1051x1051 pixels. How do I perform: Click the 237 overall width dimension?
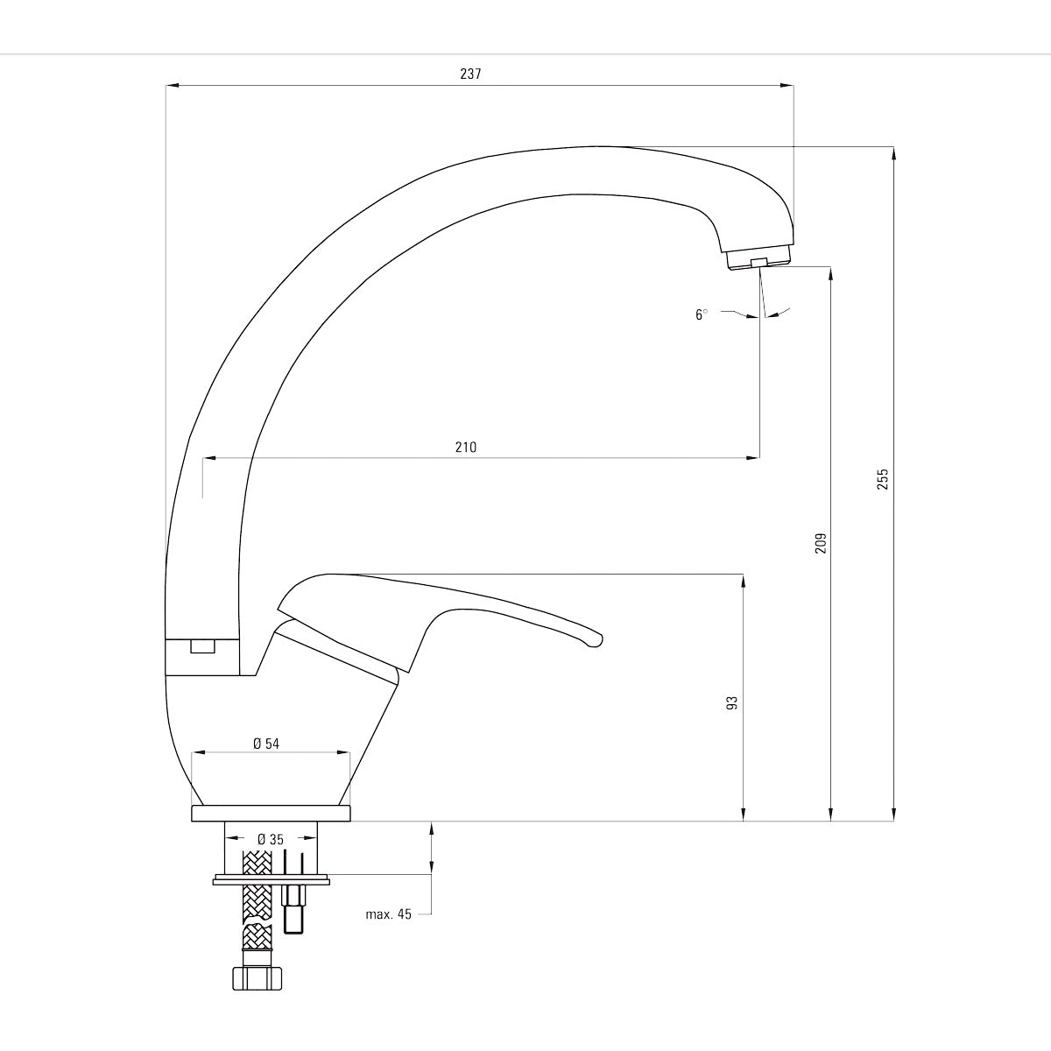pyautogui.click(x=470, y=74)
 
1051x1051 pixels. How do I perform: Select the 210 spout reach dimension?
pyautogui.click(x=466, y=448)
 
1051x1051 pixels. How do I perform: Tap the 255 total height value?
pyautogui.click(x=883, y=479)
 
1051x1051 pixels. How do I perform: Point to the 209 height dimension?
pyautogui.click(x=821, y=543)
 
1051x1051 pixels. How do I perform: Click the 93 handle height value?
pyautogui.click(x=733, y=702)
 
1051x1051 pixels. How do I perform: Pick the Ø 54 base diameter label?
pyautogui.click(x=266, y=744)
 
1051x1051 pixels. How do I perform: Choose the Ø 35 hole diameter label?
pyautogui.click(x=271, y=838)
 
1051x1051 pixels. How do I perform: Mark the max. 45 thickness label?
pyautogui.click(x=388, y=914)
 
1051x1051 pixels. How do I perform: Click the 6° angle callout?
pyautogui.click(x=701, y=314)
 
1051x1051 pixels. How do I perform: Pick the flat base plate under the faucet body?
pyautogui.click(x=272, y=814)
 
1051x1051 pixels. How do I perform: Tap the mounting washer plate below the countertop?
pyautogui.click(x=272, y=879)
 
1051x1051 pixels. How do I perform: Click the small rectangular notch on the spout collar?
pyautogui.click(x=202, y=647)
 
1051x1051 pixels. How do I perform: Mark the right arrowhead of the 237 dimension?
pyautogui.click(x=788, y=85)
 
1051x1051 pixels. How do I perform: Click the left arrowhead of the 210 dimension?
pyautogui.click(x=209, y=457)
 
